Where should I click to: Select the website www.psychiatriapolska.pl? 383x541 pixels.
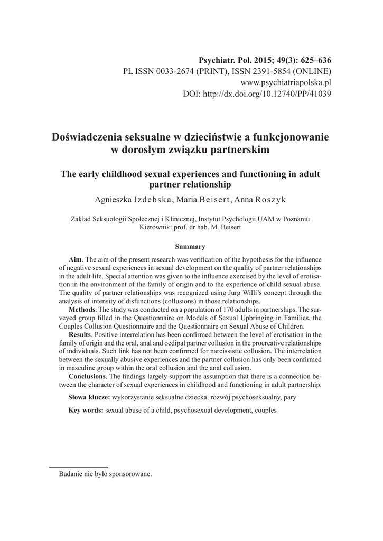click(x=286, y=82)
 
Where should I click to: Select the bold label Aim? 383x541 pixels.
click(x=75, y=260)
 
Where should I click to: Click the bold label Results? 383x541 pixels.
click(x=81, y=335)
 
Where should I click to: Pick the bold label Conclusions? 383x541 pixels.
click(x=88, y=376)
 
